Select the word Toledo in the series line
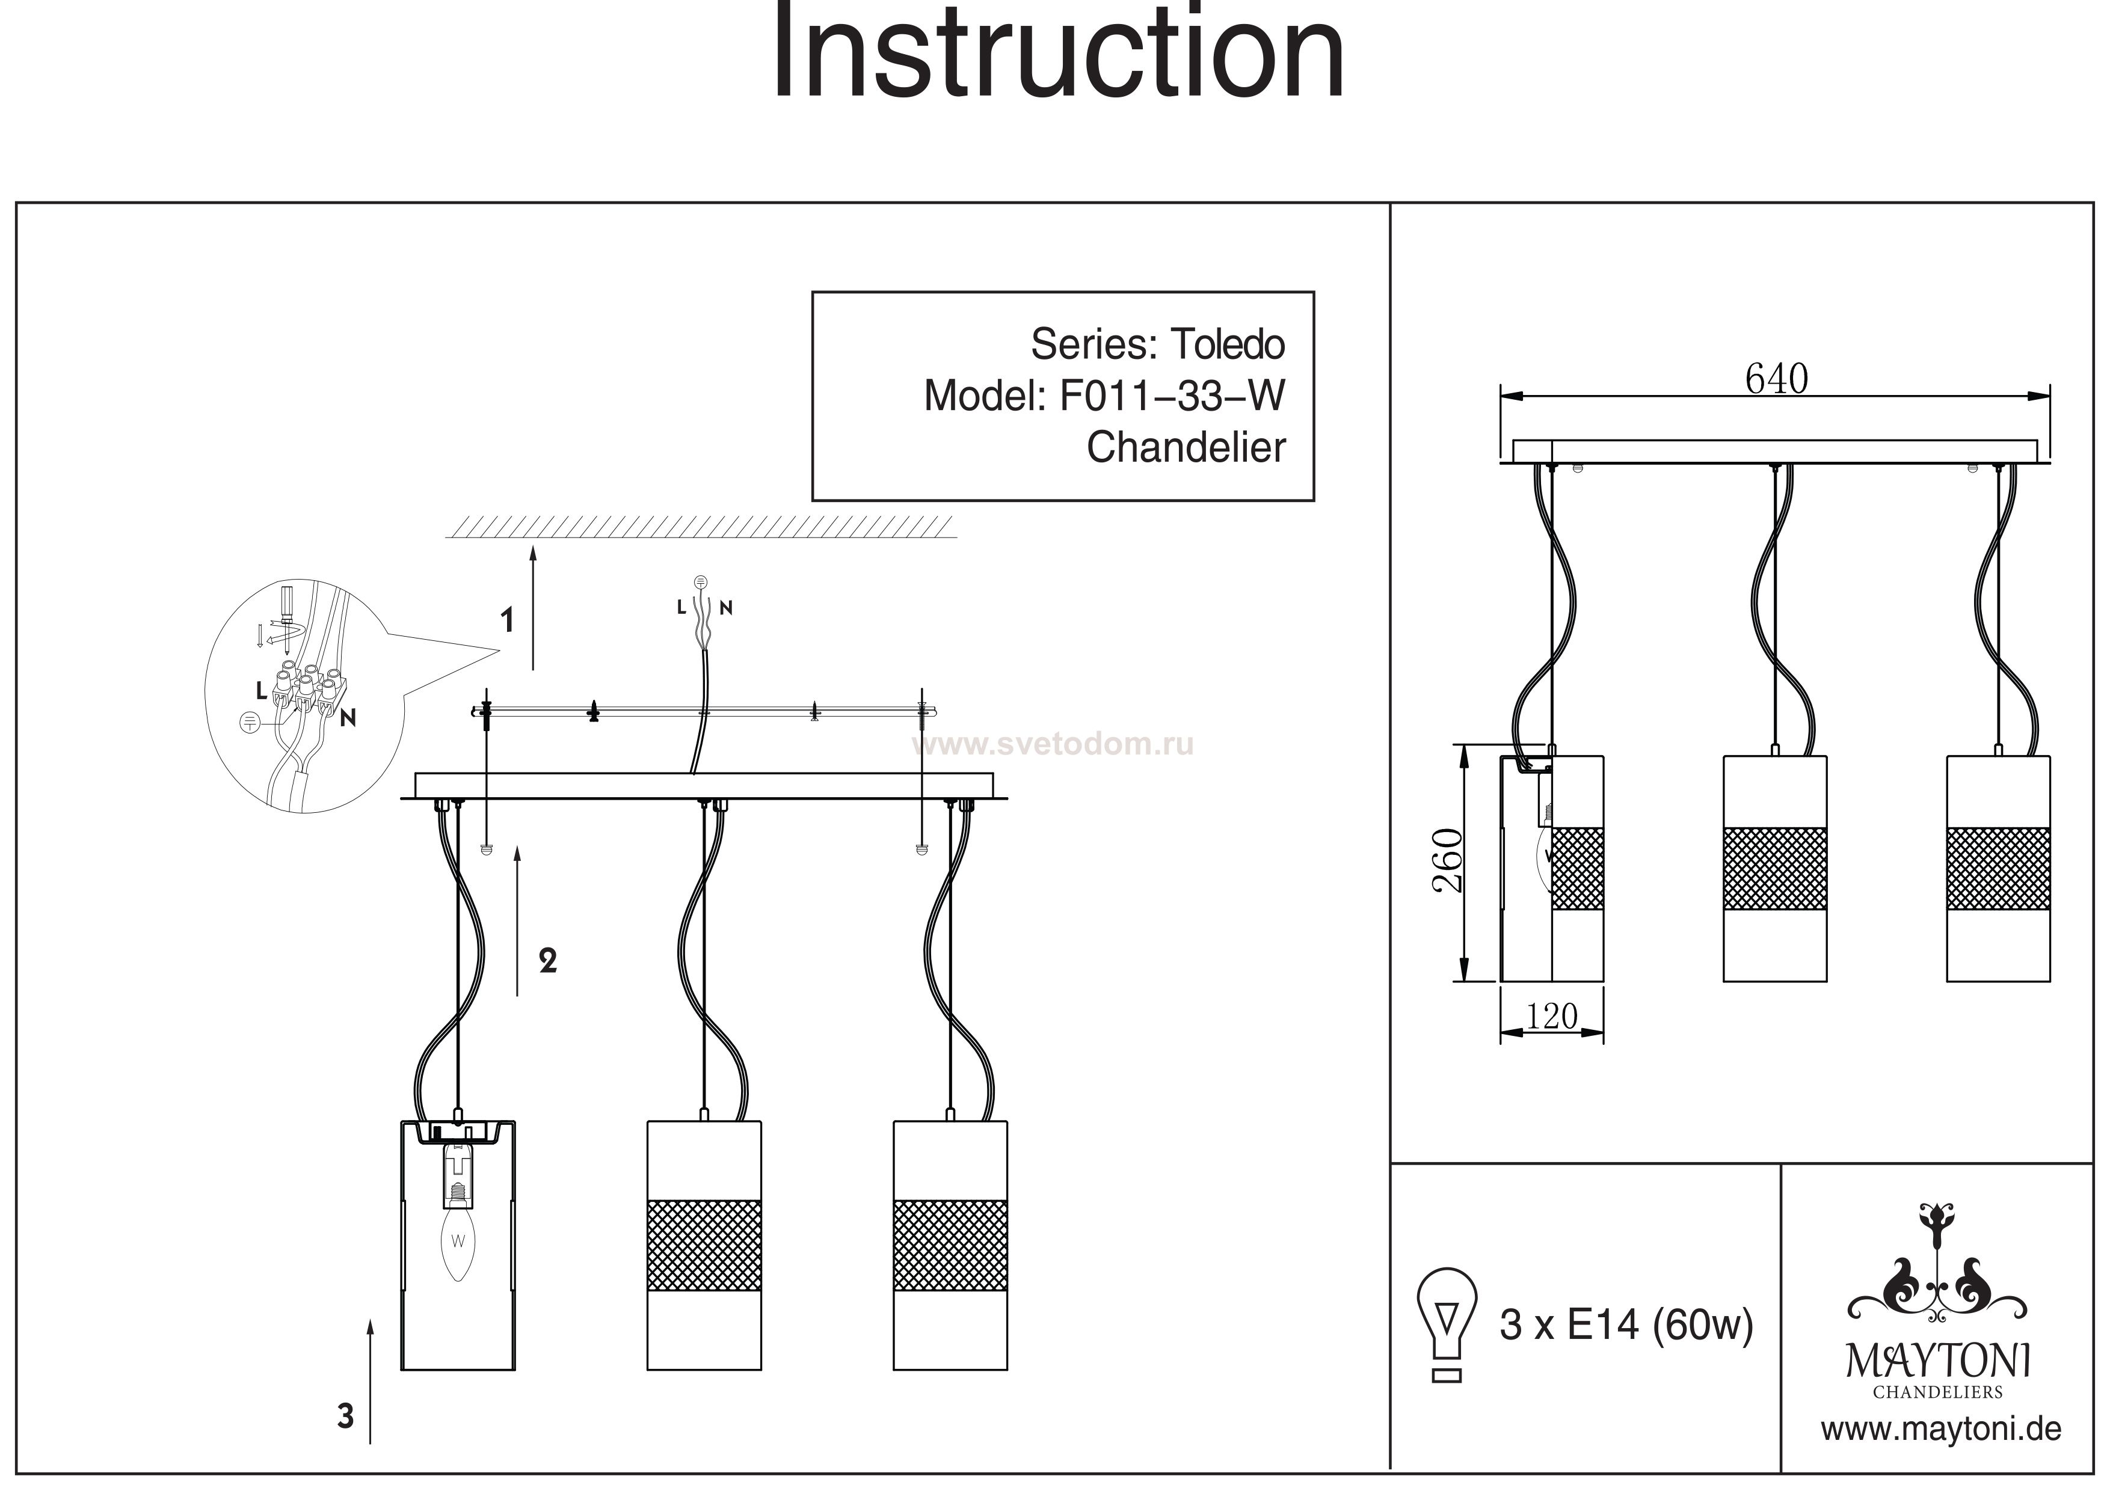tap(1227, 346)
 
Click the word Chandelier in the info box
tap(1186, 449)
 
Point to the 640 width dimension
tap(1776, 379)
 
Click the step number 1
tap(506, 621)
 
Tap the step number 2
tap(548, 961)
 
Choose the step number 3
tap(345, 1416)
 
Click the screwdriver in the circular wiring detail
tap(288, 607)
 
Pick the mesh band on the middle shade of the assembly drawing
tap(704, 1245)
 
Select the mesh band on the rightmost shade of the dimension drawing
tap(1998, 868)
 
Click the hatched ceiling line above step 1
tap(700, 527)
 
